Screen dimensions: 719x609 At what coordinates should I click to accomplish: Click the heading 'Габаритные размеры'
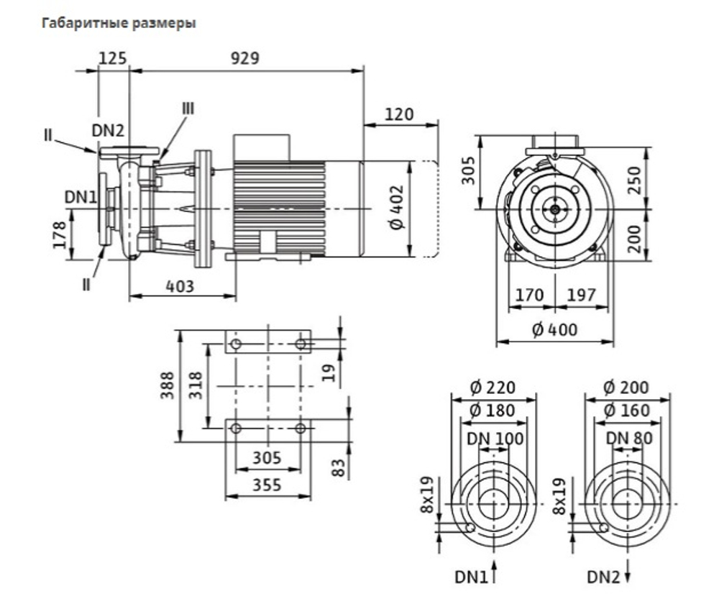click(119, 23)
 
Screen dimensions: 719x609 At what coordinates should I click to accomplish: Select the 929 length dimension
click(245, 58)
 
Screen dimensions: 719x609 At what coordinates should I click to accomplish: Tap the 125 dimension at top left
click(112, 58)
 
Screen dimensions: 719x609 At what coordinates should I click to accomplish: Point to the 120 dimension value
click(399, 114)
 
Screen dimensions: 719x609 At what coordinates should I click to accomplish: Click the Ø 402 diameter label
click(397, 207)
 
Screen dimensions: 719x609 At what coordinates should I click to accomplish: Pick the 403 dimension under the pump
click(180, 286)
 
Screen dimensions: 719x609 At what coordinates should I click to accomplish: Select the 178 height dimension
click(60, 235)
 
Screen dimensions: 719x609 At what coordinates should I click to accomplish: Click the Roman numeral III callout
click(188, 109)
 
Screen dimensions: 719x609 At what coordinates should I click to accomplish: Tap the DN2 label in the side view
click(109, 131)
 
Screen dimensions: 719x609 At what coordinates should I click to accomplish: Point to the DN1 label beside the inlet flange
click(81, 197)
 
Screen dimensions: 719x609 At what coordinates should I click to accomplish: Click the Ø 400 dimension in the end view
click(555, 329)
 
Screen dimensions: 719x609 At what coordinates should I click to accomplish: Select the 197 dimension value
click(582, 295)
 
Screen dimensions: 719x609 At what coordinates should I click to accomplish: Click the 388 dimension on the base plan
click(168, 385)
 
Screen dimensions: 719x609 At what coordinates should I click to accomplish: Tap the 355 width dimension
click(267, 485)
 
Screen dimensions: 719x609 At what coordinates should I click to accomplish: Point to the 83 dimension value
click(339, 468)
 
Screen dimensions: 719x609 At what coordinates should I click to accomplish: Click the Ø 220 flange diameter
click(493, 388)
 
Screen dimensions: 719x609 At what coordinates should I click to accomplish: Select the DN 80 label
click(629, 439)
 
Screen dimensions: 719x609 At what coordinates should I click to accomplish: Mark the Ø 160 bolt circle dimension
click(627, 411)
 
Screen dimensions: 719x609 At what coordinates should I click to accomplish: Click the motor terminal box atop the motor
click(262, 147)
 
